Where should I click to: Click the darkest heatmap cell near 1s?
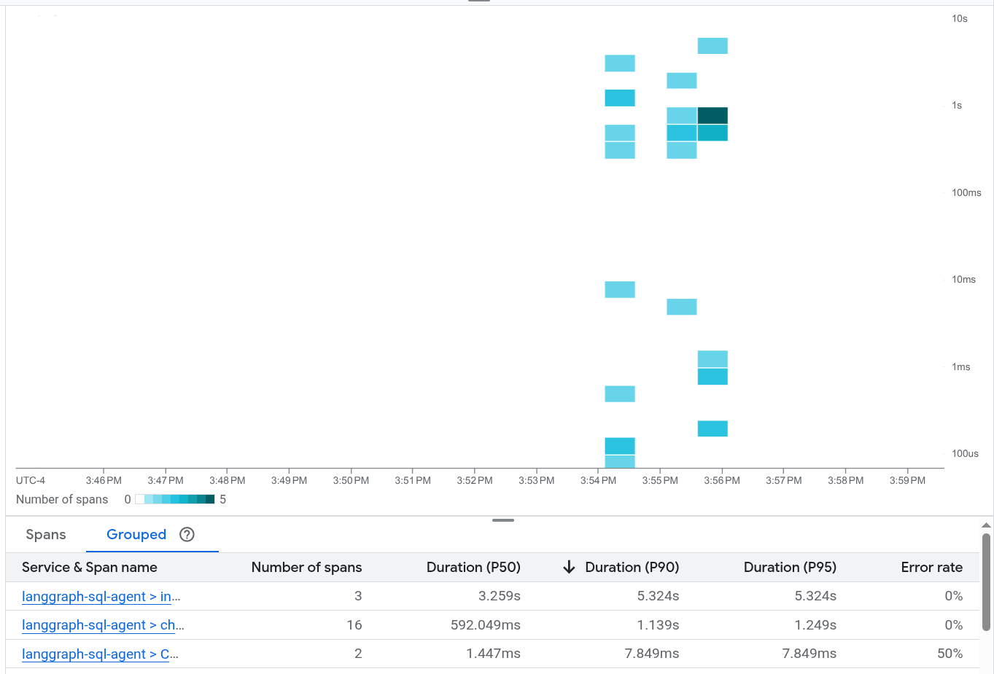point(713,115)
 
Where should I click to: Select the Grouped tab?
point(136,535)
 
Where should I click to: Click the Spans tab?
point(46,535)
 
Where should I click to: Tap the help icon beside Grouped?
point(187,535)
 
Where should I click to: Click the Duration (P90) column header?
point(632,568)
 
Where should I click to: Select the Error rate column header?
point(931,568)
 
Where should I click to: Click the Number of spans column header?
point(306,568)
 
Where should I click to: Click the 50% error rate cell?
point(950,654)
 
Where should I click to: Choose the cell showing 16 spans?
point(354,625)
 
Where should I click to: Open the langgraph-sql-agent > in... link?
point(101,597)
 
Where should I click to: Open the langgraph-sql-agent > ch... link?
point(103,625)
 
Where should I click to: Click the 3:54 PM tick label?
point(598,481)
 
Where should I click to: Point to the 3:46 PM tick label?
point(104,481)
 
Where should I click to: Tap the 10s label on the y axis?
point(959,19)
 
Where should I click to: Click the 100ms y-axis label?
point(966,193)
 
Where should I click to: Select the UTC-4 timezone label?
point(31,481)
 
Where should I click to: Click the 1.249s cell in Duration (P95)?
point(815,625)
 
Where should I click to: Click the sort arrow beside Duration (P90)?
point(570,568)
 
